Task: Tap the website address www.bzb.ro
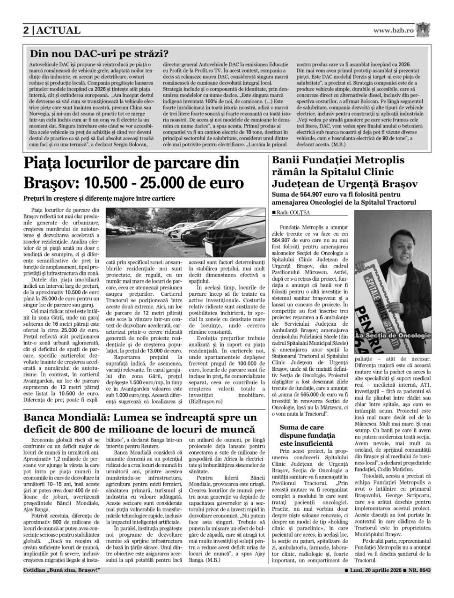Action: pyautogui.click(x=394, y=30)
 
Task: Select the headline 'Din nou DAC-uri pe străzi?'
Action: pyautogui.click(x=99, y=54)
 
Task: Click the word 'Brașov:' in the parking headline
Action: pyautogui.click(x=51, y=182)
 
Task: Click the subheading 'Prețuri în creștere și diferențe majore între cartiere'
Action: pyautogui.click(x=99, y=198)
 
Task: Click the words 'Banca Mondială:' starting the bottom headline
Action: pyautogui.click(x=64, y=417)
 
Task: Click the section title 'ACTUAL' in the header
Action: pyautogui.click(x=59, y=30)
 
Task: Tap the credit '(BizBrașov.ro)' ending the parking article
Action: pyautogui.click(x=205, y=402)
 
